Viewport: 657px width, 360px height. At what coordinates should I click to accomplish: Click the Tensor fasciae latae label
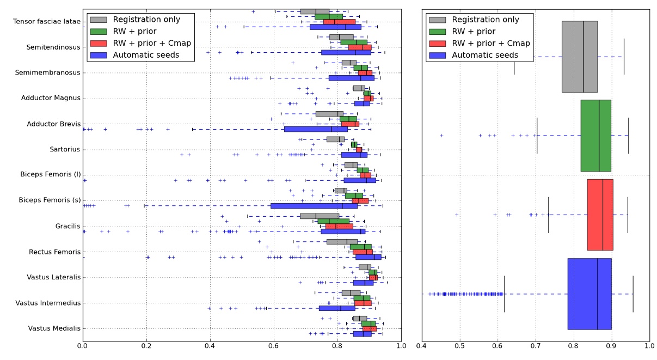46,22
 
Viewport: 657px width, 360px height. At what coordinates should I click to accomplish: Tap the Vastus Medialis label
53,328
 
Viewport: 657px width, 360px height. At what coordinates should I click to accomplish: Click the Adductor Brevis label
53,124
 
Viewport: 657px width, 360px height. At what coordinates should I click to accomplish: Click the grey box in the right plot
579,57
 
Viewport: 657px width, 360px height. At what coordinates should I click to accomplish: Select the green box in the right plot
595,136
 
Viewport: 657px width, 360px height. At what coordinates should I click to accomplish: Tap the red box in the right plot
600,215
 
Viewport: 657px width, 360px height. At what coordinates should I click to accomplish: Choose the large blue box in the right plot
590,294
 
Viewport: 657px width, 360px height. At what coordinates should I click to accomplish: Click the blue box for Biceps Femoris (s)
314,206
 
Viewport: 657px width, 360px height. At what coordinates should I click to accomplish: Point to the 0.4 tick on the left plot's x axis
210,345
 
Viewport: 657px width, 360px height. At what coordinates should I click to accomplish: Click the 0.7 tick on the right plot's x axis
536,345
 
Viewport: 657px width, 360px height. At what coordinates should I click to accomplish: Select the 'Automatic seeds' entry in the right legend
485,55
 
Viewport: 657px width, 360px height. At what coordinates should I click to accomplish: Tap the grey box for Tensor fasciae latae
315,11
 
